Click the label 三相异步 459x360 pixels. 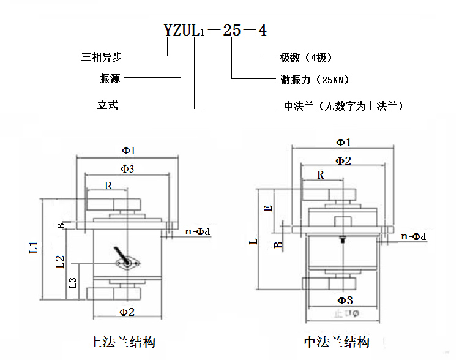pos(102,58)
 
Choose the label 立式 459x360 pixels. pos(107,105)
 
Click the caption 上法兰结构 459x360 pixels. pos(122,342)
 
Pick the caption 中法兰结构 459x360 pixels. pos(337,342)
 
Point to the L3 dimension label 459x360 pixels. pos(73,282)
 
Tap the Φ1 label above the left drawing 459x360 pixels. pos(128,150)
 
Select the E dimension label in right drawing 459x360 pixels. pos(267,208)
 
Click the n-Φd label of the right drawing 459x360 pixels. pos(413,236)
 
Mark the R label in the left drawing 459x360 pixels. pos(108,186)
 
